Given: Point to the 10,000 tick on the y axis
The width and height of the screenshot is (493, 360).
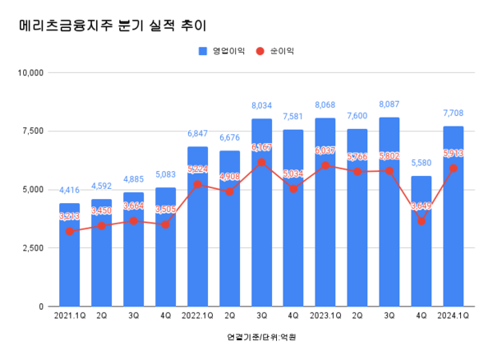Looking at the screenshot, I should (30, 72).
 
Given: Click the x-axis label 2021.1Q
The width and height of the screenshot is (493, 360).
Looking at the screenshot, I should (69, 315).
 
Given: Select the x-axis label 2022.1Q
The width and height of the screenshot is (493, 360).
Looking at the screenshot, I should (197, 315).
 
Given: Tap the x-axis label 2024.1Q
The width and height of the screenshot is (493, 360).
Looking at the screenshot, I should (454, 315).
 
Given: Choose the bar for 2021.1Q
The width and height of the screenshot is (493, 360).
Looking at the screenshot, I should (69, 255).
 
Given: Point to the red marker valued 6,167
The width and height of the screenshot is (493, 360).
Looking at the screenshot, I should (261, 162).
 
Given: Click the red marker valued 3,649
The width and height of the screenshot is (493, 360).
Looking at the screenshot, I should (422, 221).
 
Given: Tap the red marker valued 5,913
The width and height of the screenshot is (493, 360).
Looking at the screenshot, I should (454, 168).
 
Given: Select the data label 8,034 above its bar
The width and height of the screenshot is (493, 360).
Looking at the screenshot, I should (261, 106).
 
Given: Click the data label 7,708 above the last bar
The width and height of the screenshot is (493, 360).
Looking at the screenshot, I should (454, 113).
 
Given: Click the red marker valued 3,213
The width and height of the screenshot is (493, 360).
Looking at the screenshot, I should (69, 231).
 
